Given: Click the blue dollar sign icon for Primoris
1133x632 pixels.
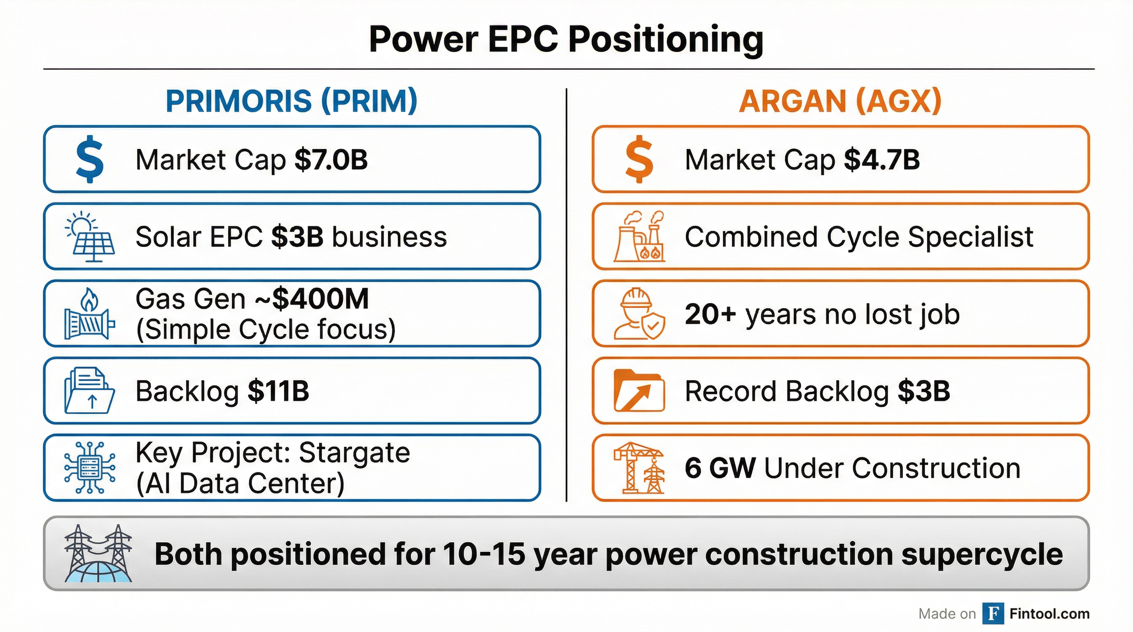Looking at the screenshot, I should [x=90, y=159].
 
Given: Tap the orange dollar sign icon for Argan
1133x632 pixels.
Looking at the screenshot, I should [x=639, y=159].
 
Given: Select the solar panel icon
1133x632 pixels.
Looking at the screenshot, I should [x=90, y=237].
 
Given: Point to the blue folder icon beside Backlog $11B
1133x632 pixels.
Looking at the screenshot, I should [x=90, y=391].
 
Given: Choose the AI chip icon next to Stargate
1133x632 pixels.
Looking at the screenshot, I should [x=90, y=468].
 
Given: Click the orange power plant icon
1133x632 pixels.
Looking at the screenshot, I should [x=639, y=237].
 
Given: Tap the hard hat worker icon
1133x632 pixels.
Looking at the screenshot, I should [x=639, y=314].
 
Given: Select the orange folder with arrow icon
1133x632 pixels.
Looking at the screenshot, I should [x=639, y=391].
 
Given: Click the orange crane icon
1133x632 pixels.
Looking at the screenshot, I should [x=639, y=468].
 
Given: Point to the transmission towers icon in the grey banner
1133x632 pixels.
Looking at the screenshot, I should [x=98, y=553].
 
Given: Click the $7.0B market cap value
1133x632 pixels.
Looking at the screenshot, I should [x=331, y=160].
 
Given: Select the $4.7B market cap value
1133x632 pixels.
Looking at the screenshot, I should [x=881, y=160].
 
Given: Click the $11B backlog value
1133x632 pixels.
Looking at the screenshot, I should [x=278, y=391].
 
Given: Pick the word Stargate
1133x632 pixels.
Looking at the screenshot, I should [x=354, y=453].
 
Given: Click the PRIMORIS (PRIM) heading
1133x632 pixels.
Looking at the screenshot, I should [x=291, y=101].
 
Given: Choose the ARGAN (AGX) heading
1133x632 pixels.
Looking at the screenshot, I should [x=840, y=101].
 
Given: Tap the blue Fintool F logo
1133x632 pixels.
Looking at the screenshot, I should [x=993, y=613].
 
